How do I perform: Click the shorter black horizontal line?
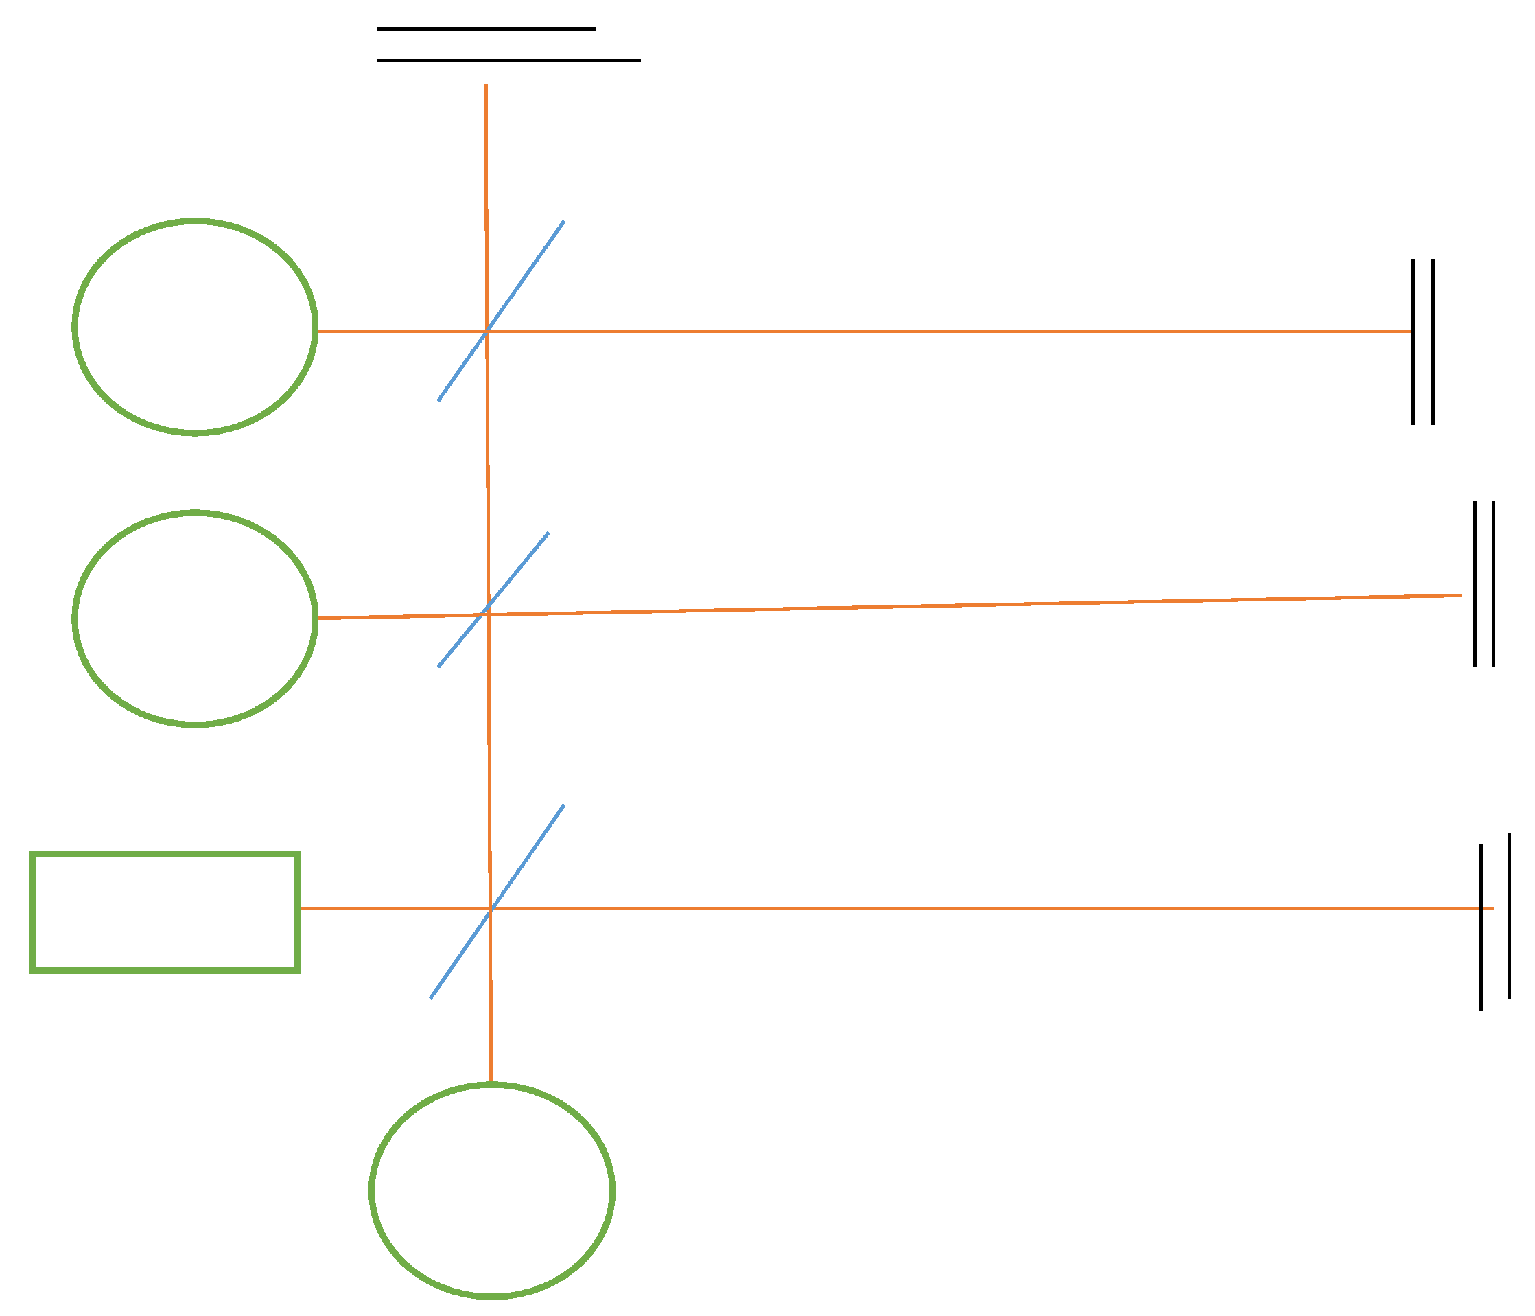click(x=486, y=29)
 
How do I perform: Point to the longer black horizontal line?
click(x=509, y=61)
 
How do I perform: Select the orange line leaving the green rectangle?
click(x=889, y=908)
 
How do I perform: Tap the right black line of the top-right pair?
click(x=1433, y=341)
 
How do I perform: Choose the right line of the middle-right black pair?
click(x=1492, y=584)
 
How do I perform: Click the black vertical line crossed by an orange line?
click(x=1481, y=963)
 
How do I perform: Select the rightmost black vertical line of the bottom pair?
click(x=1509, y=916)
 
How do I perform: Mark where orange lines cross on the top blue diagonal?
click(x=486, y=331)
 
